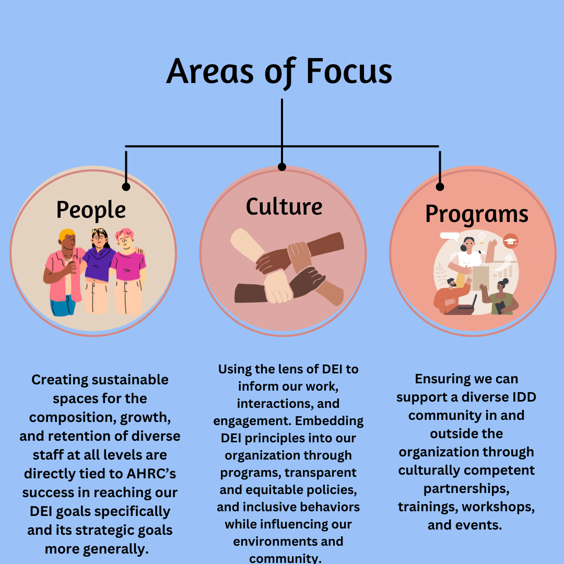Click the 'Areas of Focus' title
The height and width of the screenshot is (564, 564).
(279, 72)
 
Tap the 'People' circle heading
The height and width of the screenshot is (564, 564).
(91, 210)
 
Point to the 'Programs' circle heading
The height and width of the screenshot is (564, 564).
(477, 215)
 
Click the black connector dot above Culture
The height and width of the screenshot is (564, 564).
(282, 167)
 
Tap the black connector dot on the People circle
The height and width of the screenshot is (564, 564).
(126, 186)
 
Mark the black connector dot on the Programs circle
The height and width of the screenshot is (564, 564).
(440, 186)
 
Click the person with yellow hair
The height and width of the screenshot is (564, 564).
(63, 272)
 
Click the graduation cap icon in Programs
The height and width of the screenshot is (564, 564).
(510, 241)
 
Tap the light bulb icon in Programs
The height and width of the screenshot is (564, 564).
(482, 238)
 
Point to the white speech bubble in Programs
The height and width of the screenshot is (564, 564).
(450, 237)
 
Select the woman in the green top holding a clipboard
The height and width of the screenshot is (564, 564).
(500, 297)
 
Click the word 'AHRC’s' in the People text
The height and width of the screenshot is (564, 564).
(151, 474)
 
